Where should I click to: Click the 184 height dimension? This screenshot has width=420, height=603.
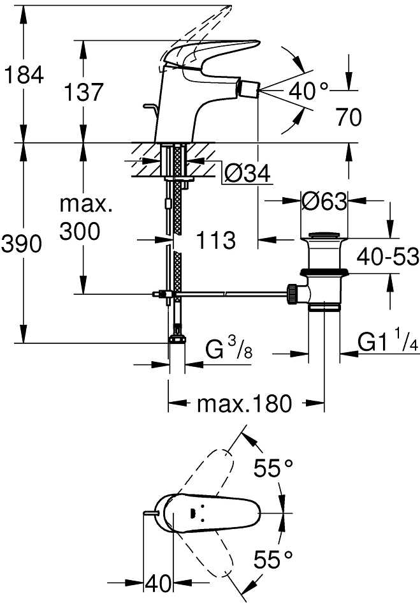pos(24,75)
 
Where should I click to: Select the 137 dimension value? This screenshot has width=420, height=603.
pos(83,92)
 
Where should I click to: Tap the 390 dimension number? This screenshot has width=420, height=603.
pos(21,244)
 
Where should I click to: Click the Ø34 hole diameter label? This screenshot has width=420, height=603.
pos(247,174)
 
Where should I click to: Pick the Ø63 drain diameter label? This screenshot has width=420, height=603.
pos(324,201)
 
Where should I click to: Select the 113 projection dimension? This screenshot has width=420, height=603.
pos(216,241)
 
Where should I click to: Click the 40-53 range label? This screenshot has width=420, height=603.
pos(387,257)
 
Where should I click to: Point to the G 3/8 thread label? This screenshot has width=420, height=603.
pos(229,348)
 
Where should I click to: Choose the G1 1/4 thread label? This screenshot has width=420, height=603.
pos(387,341)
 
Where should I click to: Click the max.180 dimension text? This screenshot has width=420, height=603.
pos(244,404)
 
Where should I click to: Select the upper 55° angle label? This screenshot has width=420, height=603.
pos(273,468)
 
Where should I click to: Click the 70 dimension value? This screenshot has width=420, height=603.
pos(349,117)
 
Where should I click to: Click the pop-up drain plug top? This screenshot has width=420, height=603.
pos(324,235)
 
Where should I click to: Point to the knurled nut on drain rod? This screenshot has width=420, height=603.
pos(293,294)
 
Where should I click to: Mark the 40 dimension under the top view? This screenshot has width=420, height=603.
pos(158,583)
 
